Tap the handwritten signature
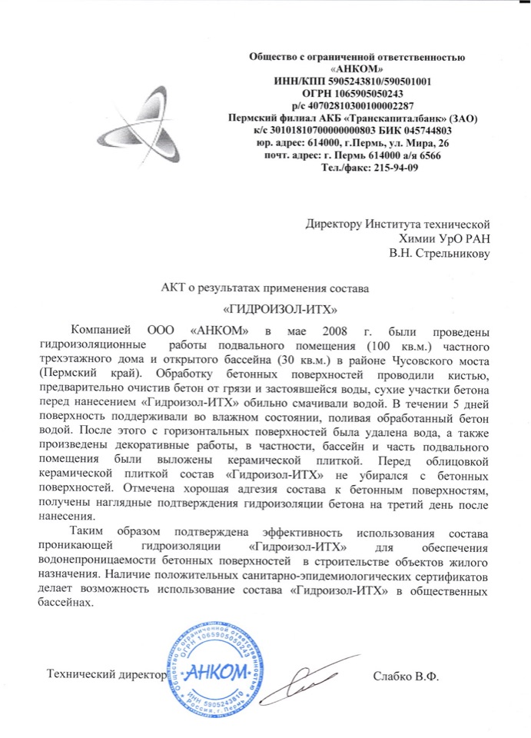(x=307, y=676)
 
